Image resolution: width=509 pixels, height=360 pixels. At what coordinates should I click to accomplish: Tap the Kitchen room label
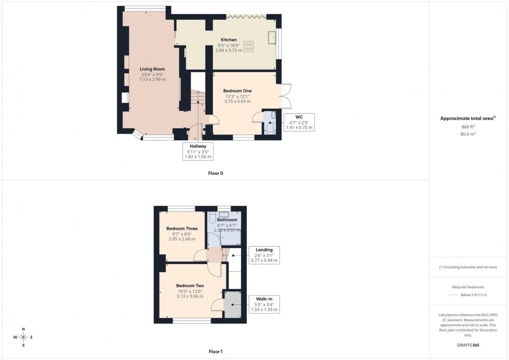click(x=229, y=40)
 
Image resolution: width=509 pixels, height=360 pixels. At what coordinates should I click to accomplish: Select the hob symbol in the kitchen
click(x=248, y=47)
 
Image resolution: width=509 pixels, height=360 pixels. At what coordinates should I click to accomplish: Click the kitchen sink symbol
click(x=272, y=37)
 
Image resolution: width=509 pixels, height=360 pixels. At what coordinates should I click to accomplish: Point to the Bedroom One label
click(x=237, y=91)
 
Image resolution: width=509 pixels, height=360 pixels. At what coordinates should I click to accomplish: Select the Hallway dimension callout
click(x=198, y=151)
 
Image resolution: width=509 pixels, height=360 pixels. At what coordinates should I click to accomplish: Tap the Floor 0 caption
click(x=215, y=173)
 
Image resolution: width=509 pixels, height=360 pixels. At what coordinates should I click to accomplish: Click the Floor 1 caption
click(x=215, y=352)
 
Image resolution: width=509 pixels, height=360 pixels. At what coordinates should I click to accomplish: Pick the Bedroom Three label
click(x=182, y=229)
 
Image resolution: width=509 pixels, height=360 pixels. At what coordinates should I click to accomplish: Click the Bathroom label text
click(x=227, y=220)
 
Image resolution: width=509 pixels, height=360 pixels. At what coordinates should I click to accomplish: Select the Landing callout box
click(x=264, y=255)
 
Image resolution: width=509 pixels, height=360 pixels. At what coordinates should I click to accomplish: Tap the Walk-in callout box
click(x=264, y=304)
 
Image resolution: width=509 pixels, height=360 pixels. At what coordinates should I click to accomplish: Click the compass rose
click(x=23, y=337)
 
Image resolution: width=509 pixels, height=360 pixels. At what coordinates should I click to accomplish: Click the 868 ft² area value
click(x=468, y=126)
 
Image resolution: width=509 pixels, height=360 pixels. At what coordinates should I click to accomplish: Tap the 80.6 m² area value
click(x=468, y=134)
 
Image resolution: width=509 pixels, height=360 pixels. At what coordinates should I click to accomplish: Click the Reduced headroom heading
click(x=468, y=287)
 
